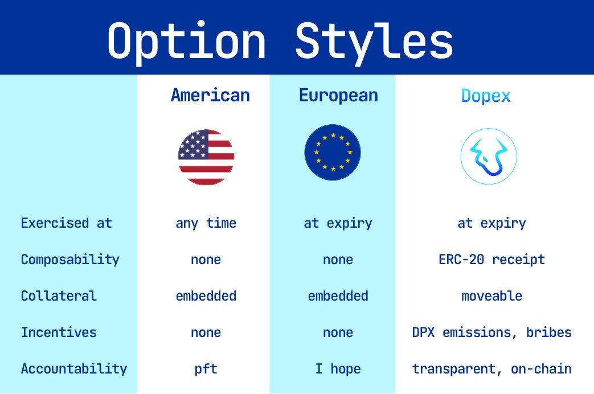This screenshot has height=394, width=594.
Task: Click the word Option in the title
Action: [186, 42]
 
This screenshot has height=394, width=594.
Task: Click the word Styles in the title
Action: [374, 42]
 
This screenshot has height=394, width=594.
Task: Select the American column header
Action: [210, 95]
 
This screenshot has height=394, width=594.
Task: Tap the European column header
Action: [338, 96]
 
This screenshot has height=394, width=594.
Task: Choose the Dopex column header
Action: [486, 96]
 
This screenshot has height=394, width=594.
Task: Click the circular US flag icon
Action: [206, 157]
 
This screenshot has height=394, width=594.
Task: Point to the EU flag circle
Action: [333, 152]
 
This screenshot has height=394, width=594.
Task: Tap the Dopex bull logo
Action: [489, 157]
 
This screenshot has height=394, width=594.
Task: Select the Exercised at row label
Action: [66, 223]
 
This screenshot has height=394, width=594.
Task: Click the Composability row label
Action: [70, 260]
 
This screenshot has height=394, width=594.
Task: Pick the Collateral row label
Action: [59, 296]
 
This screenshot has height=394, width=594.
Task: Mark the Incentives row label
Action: [59, 333]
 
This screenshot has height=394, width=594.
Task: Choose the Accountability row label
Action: [74, 369]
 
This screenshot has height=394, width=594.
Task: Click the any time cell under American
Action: [206, 224]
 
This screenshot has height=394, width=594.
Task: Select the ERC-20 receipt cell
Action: [491, 260]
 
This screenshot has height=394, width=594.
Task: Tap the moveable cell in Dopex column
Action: [491, 296]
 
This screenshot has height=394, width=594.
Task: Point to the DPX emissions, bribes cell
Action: [491, 333]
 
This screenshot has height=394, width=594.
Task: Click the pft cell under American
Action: [206, 369]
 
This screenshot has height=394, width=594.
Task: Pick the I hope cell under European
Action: [338, 369]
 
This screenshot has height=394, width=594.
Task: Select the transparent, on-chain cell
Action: [491, 369]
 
